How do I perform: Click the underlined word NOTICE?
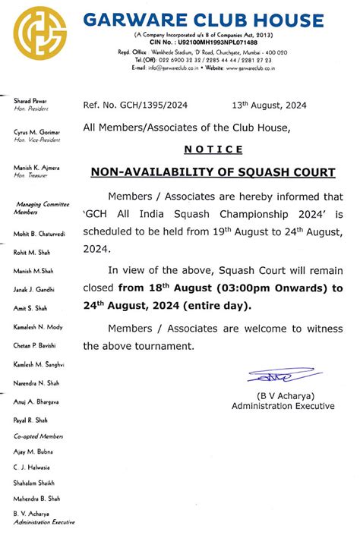click(x=213, y=149)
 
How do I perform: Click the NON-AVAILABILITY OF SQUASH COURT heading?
click(x=213, y=172)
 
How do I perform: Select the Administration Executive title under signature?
click(x=283, y=406)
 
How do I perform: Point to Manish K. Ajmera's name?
click(x=37, y=167)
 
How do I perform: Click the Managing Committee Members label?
click(x=39, y=209)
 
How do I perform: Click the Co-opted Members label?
click(x=37, y=437)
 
